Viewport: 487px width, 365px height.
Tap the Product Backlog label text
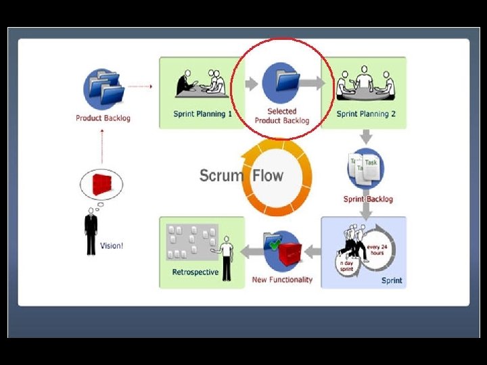click(x=103, y=118)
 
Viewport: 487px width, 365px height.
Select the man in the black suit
click(x=91, y=232)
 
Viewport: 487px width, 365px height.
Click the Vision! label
click(x=112, y=245)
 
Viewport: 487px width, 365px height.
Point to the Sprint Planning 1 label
click(x=202, y=114)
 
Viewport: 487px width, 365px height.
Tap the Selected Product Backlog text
click(x=282, y=116)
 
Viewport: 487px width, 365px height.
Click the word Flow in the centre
click(x=267, y=176)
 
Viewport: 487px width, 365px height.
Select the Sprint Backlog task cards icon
click(x=365, y=168)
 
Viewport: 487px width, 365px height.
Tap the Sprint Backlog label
click(x=368, y=199)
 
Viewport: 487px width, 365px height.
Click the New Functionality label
click(x=282, y=280)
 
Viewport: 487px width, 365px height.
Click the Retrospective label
click(x=195, y=272)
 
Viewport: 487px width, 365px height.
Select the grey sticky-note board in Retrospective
click(x=192, y=241)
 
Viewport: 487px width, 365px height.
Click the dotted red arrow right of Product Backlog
click(x=140, y=87)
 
